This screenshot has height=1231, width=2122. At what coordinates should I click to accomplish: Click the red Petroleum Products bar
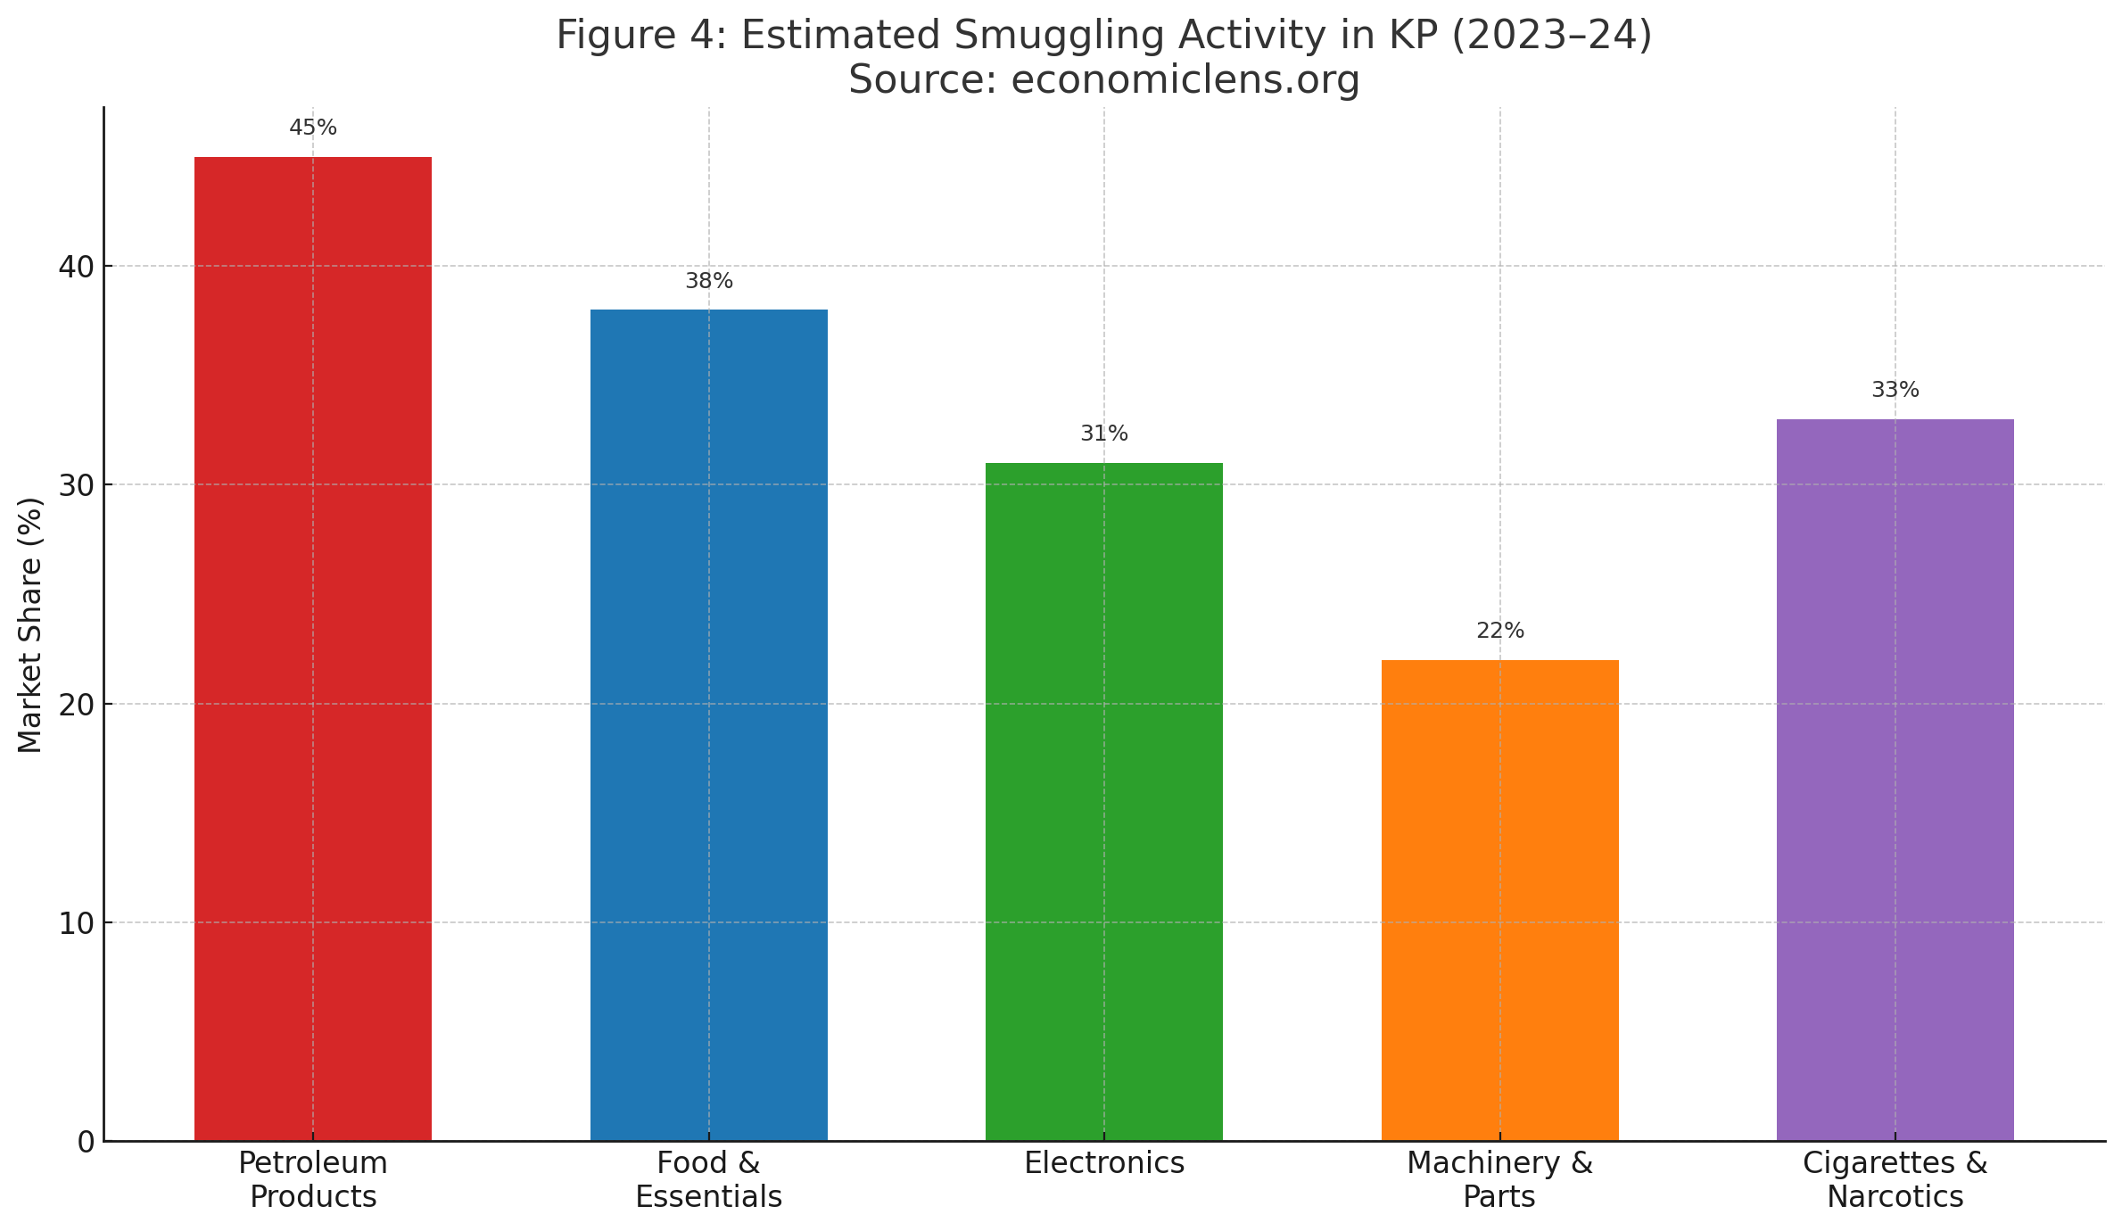click(x=313, y=649)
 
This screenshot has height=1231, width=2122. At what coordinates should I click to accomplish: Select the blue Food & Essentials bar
click(x=709, y=724)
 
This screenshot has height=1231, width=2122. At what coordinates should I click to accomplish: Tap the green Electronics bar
click(x=1104, y=801)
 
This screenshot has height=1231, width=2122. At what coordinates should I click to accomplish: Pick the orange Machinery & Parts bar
click(x=1500, y=899)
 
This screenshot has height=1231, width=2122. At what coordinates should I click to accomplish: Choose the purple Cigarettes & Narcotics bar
click(x=1895, y=780)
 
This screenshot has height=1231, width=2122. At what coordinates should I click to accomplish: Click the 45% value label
click(x=313, y=128)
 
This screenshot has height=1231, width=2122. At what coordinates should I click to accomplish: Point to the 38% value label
click(x=709, y=281)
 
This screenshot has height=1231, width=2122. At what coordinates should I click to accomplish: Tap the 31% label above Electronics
click(x=1104, y=434)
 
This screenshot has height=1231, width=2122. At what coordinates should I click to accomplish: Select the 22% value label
click(x=1500, y=631)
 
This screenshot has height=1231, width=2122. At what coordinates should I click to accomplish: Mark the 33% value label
click(x=1895, y=390)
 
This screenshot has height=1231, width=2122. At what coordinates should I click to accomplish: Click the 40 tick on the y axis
click(x=77, y=267)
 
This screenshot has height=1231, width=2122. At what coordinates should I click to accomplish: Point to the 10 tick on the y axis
click(x=77, y=923)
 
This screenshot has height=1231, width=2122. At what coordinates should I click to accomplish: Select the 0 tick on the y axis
click(x=86, y=1142)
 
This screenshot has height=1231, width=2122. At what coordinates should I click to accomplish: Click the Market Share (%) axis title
click(x=30, y=624)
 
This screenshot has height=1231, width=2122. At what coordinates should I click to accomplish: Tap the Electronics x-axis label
click(x=1104, y=1163)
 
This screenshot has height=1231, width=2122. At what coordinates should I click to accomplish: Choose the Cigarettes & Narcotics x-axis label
click(x=1895, y=1179)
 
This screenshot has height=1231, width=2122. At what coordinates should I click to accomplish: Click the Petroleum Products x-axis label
click(x=313, y=1179)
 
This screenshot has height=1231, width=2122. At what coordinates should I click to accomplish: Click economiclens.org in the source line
click(x=1185, y=80)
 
